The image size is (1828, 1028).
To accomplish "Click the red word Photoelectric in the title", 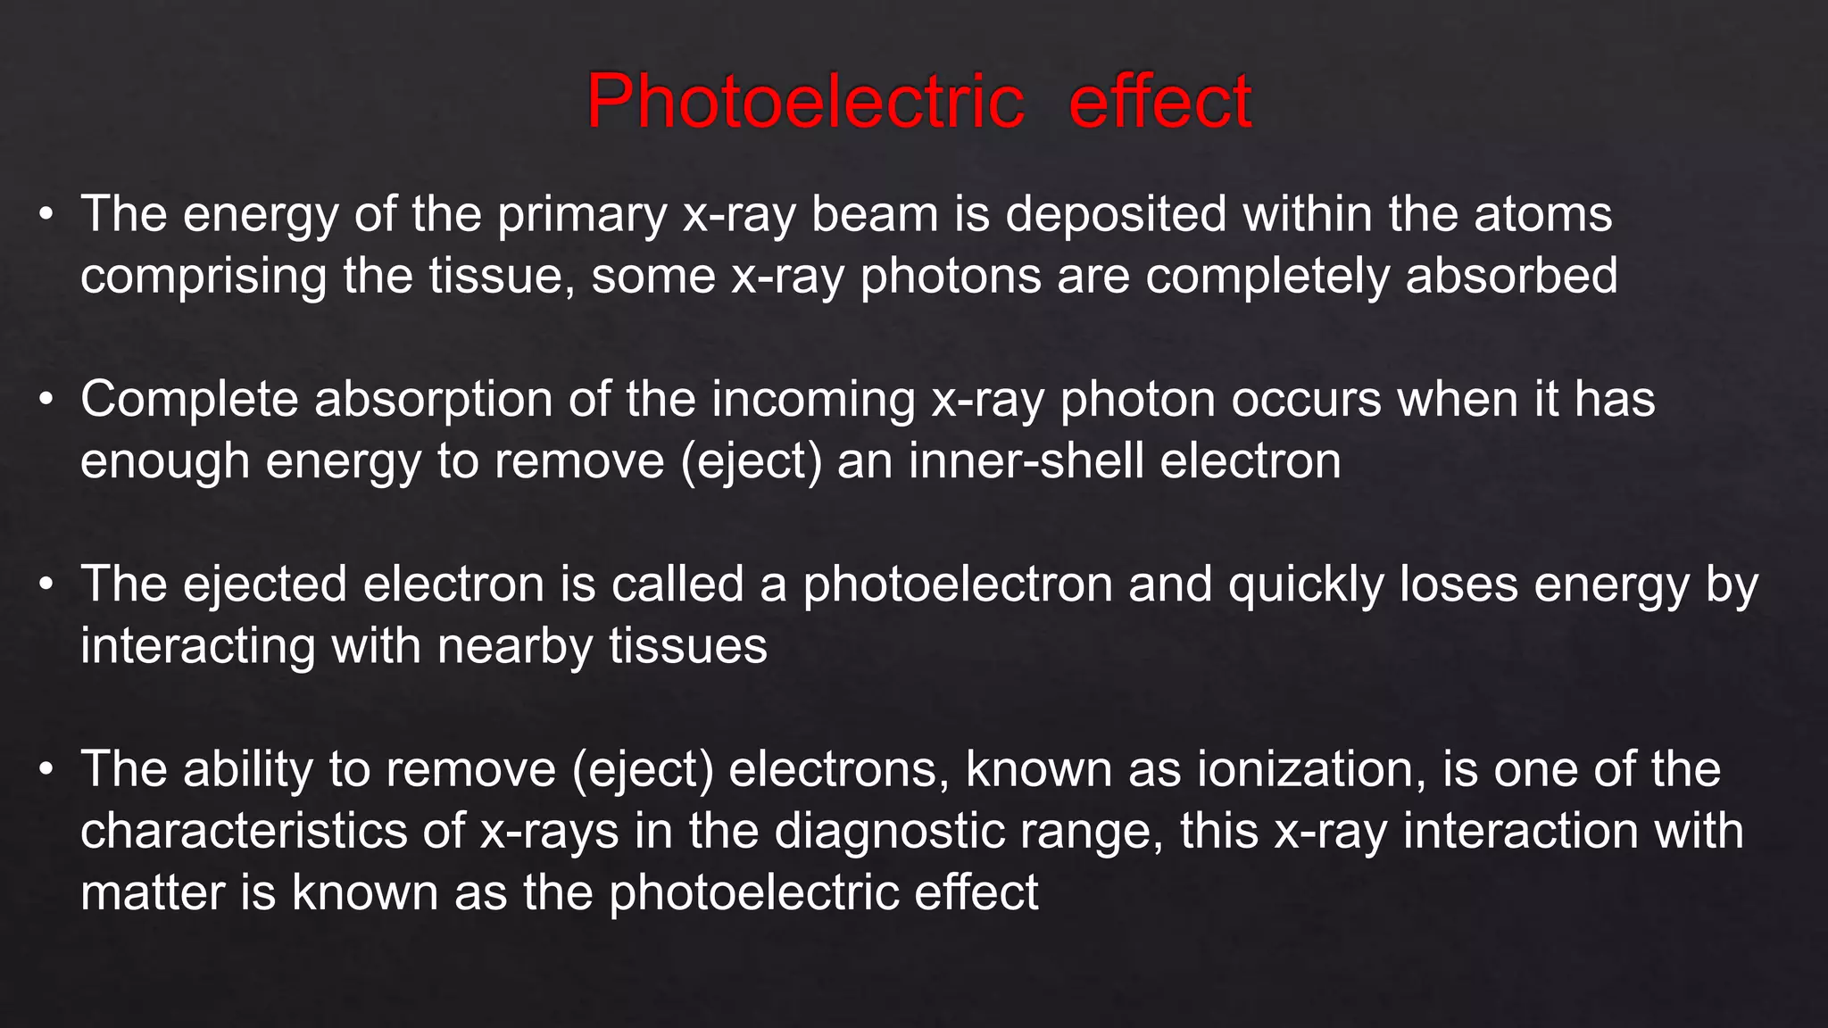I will (805, 101).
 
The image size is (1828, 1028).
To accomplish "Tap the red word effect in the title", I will (1160, 101).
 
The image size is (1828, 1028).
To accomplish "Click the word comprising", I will (204, 277).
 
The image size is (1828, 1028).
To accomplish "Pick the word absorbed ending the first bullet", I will (1511, 275).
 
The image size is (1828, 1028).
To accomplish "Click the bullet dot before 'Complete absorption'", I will (46, 400).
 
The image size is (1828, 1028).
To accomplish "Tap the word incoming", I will (813, 400).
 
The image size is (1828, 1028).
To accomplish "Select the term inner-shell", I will (1026, 461).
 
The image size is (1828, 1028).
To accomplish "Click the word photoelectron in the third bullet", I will (957, 585).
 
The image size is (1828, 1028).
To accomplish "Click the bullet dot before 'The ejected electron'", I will (46, 585).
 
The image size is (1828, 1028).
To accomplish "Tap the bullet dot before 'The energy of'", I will (46, 215).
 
